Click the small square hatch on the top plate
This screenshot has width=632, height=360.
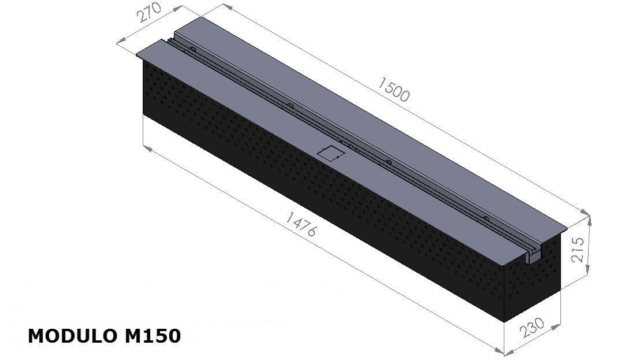tap(331, 152)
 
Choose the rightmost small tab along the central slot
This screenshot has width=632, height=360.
tap(486, 219)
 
